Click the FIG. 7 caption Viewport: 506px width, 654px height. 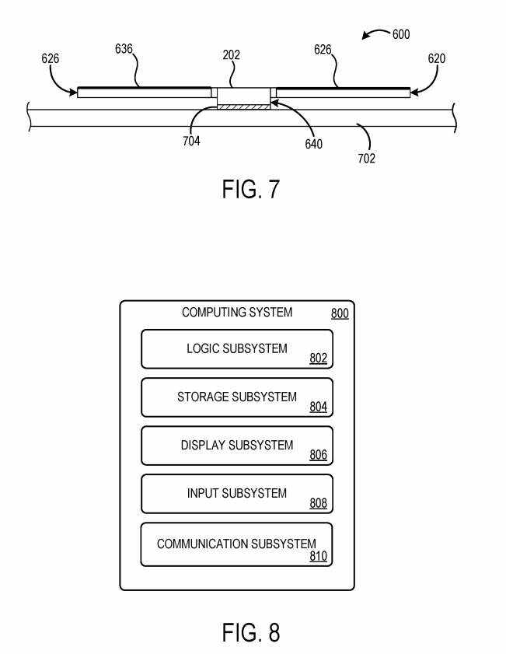point(250,189)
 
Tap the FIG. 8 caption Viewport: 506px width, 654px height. point(250,632)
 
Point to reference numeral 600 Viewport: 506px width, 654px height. point(401,34)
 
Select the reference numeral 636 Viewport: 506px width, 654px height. point(124,49)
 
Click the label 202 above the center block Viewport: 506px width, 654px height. point(231,55)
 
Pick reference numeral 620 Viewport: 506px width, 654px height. point(436,58)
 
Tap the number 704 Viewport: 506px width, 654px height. point(191,142)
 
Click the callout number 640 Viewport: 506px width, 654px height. point(314,144)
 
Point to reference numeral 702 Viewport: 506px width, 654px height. point(367,158)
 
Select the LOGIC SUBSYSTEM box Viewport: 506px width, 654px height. point(237,348)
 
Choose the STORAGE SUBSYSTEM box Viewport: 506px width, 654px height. point(237,397)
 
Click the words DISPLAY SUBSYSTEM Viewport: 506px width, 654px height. point(237,446)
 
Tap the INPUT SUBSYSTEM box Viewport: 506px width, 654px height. point(237,494)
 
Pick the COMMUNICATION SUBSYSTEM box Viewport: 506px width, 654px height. point(237,544)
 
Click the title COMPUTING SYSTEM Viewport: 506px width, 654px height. point(237,313)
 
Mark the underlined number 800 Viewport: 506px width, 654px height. point(340,314)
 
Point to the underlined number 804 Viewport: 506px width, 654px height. point(318,407)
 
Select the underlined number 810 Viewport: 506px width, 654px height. point(318,556)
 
